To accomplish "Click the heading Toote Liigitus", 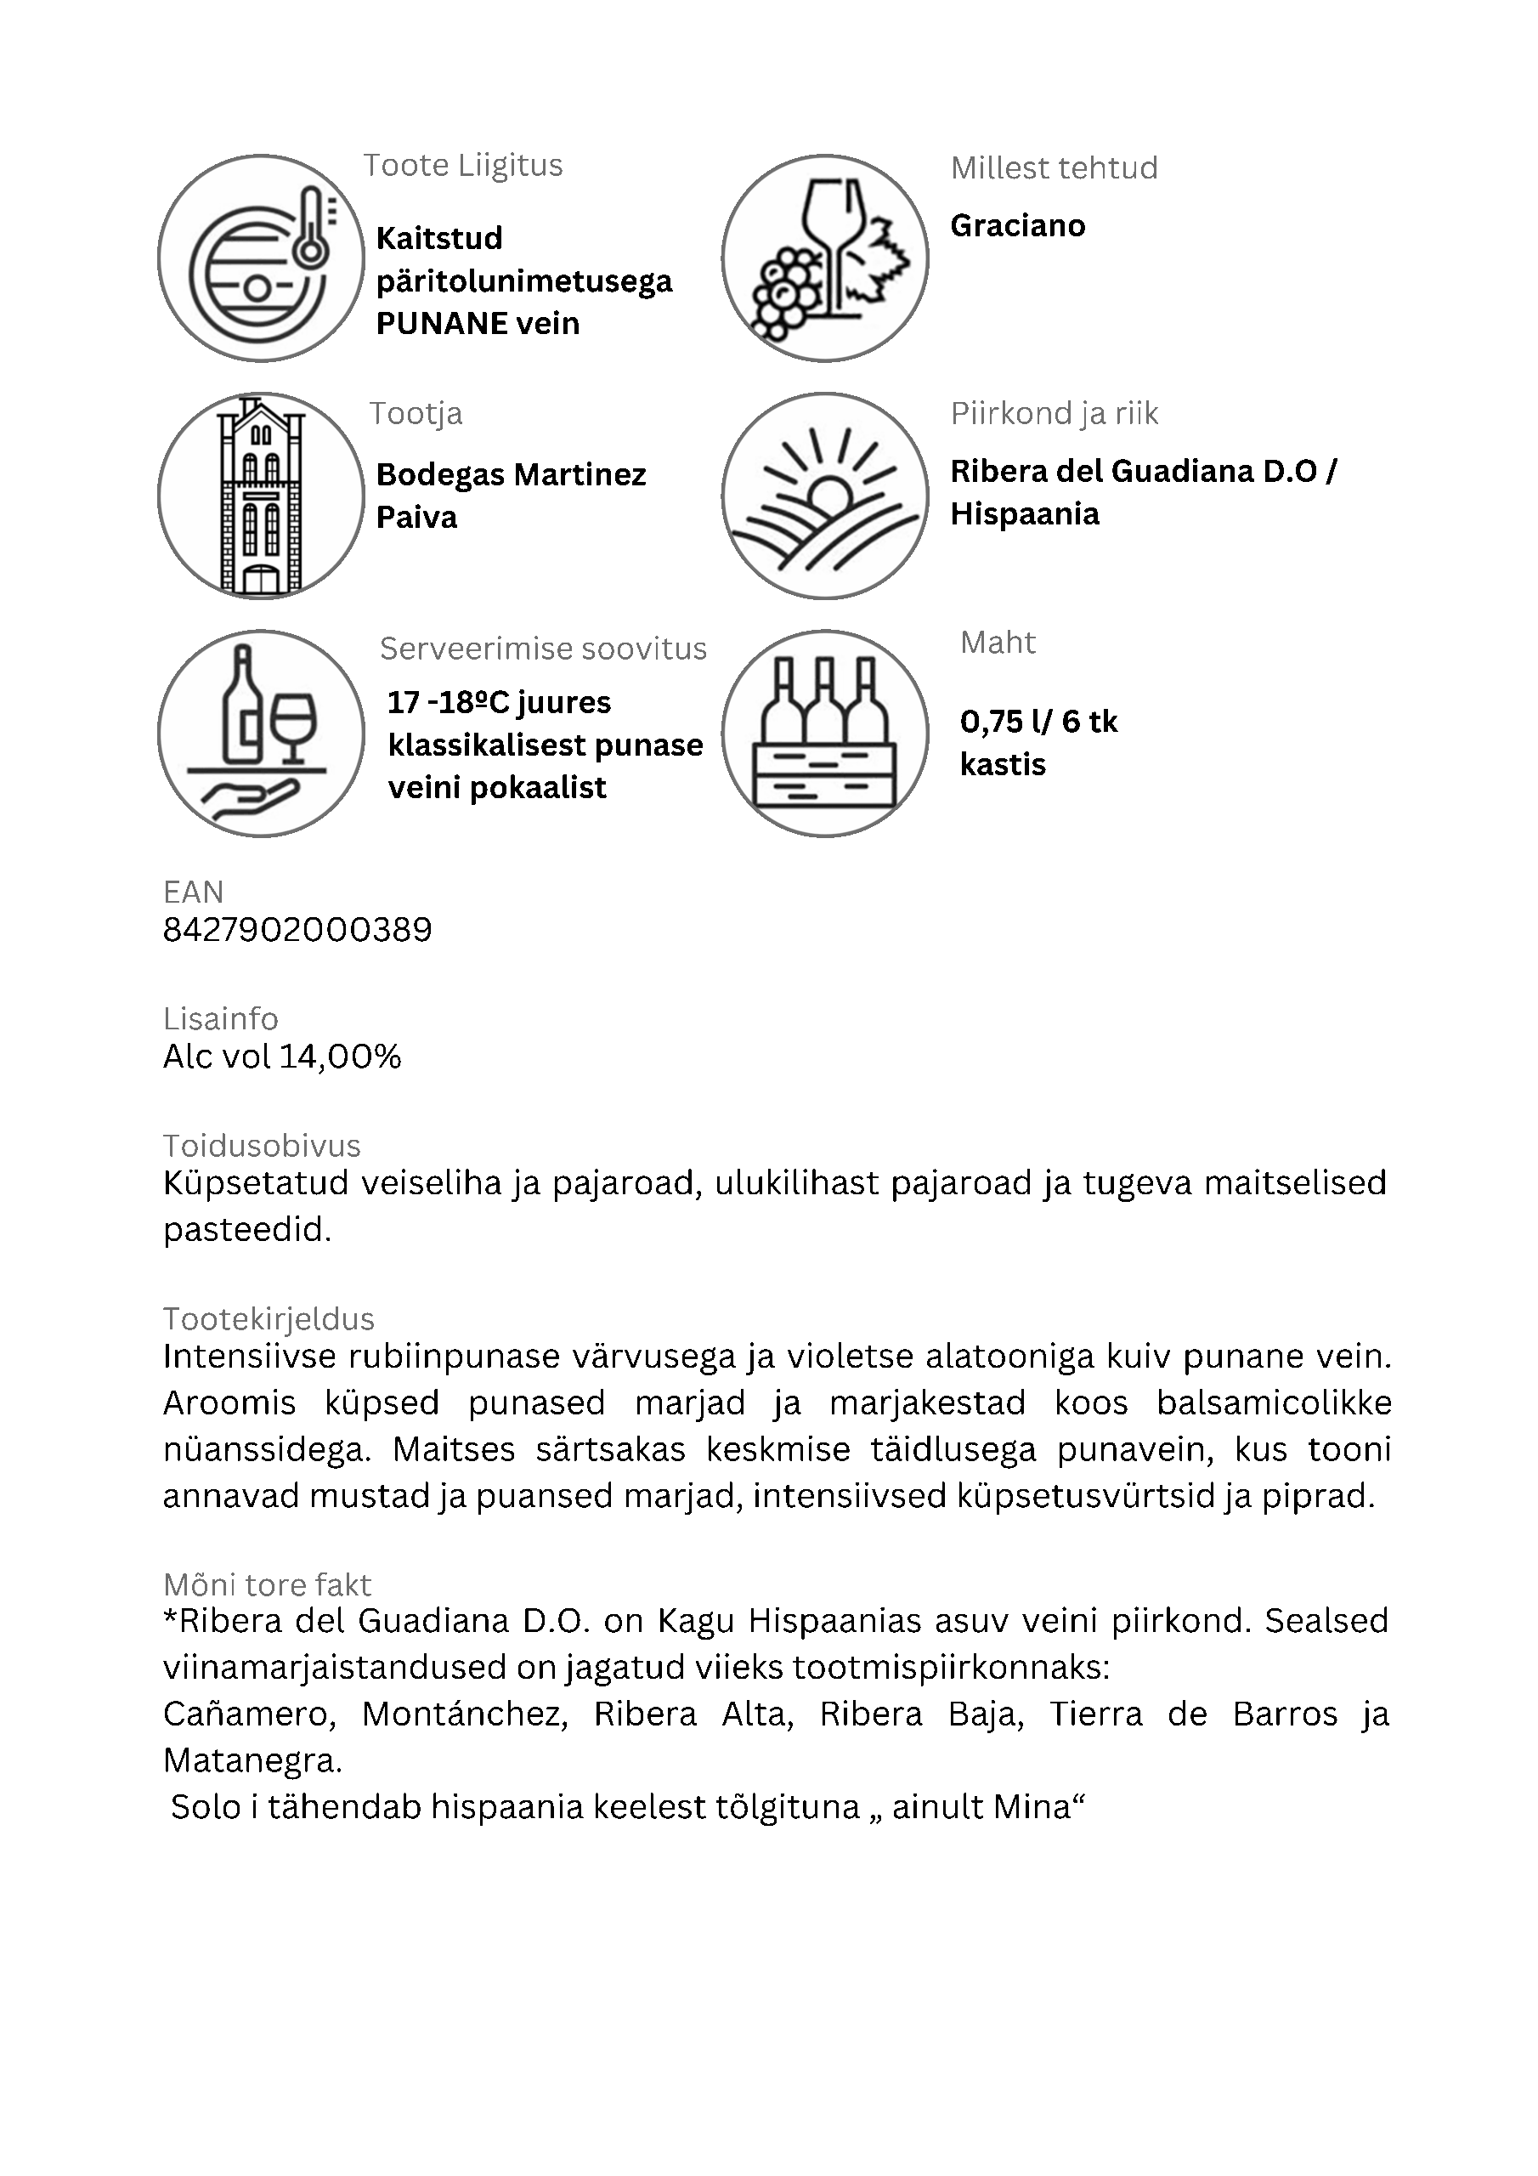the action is click(x=463, y=166).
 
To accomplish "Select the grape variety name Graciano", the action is click(x=1018, y=225).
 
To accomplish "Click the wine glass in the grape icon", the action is click(x=834, y=242).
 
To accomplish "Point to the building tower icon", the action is click(x=261, y=496).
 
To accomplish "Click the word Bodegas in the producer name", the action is click(x=437, y=475).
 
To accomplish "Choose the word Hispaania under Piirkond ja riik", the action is click(x=1026, y=514).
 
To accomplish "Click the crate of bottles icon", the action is click(x=824, y=733).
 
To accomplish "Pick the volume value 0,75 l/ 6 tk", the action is click(x=1038, y=722).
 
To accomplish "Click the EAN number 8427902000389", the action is click(x=297, y=930).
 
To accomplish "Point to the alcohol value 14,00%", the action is click(x=340, y=1057).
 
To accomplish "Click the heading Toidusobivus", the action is click(x=262, y=1146).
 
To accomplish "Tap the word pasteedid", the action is click(x=247, y=1230).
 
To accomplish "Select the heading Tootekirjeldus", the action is click(x=269, y=1319).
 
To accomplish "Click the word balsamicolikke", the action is click(x=1275, y=1402).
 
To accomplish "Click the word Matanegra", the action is click(x=252, y=1761).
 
